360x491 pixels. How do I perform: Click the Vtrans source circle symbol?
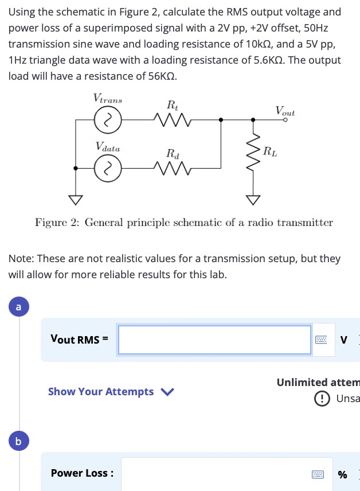(105, 120)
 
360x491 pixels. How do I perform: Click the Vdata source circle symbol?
(105, 168)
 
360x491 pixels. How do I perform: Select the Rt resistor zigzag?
(172, 120)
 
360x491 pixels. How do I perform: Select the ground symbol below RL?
(253, 200)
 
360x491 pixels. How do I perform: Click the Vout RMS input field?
(214, 340)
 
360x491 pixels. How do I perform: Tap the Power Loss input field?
(215, 474)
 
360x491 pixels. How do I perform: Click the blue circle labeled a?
(18, 307)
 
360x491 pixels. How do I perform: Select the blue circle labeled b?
(18, 442)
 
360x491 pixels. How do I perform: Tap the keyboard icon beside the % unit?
(318, 474)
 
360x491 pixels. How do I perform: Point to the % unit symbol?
(343, 474)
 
